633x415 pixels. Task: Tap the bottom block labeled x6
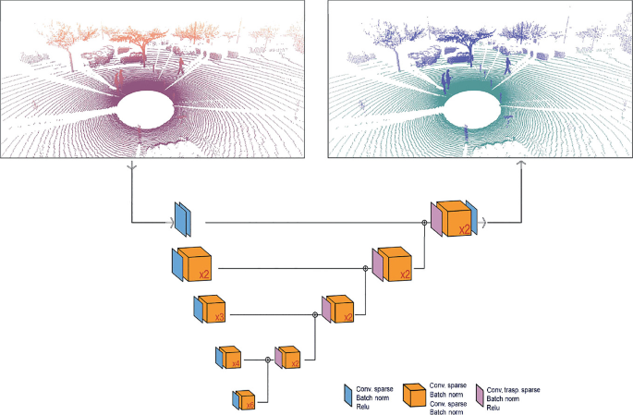coord(247,399)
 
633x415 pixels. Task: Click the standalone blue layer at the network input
coord(182,222)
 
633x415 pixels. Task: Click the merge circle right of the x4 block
coord(267,360)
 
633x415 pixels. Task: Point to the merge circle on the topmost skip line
coord(424,223)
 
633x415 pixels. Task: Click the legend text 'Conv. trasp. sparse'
coord(514,388)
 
